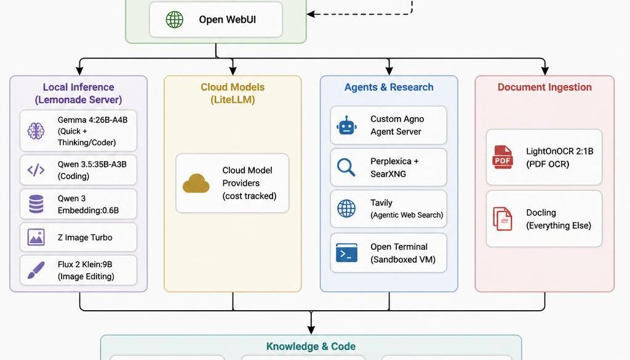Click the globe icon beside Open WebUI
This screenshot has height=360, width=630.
pyautogui.click(x=175, y=20)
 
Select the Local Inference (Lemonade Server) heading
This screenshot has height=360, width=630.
pyautogui.click(x=78, y=94)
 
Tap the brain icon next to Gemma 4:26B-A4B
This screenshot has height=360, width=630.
pyautogui.click(x=36, y=130)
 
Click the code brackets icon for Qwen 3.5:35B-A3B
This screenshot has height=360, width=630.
pyautogui.click(x=36, y=170)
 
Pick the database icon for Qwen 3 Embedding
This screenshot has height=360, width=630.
pyautogui.click(x=36, y=204)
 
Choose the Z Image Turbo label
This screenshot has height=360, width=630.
pyautogui.click(x=85, y=238)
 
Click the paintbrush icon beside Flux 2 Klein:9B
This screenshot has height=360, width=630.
pyautogui.click(x=36, y=270)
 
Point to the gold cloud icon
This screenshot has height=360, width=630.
pyautogui.click(x=196, y=183)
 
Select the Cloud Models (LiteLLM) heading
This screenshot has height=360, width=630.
pyautogui.click(x=233, y=94)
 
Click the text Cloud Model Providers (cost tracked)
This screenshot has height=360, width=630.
pyautogui.click(x=249, y=183)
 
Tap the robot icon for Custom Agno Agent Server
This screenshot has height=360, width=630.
pyautogui.click(x=346, y=126)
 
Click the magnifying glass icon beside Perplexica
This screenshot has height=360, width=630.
pyautogui.click(x=346, y=167)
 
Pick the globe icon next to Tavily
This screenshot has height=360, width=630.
pyautogui.click(x=346, y=208)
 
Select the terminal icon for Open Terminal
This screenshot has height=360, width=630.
pyautogui.click(x=346, y=253)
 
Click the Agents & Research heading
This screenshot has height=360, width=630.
pyautogui.click(x=389, y=87)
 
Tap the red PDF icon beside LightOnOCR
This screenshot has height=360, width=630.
pyautogui.click(x=503, y=157)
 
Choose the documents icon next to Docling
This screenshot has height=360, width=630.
pyautogui.click(x=503, y=219)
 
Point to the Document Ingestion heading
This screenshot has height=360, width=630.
pyautogui.click(x=544, y=87)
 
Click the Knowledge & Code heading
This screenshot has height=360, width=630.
pyautogui.click(x=311, y=346)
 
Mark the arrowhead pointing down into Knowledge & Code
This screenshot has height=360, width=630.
pyautogui.click(x=311, y=330)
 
